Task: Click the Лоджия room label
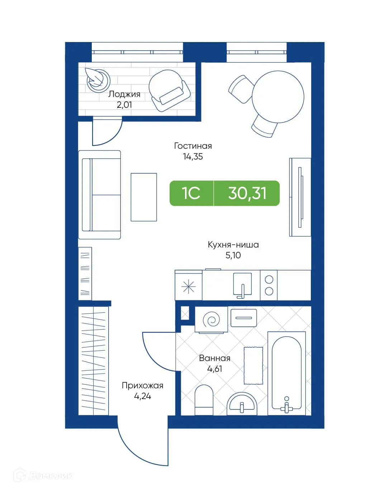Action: [x=124, y=94]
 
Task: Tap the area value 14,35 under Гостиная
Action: [x=193, y=157]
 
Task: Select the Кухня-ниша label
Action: [x=233, y=245]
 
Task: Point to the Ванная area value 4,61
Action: [x=215, y=369]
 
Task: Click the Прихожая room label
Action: [x=142, y=385]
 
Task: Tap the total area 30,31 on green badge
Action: [x=247, y=193]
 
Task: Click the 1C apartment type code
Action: [x=191, y=193]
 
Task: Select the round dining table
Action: [x=278, y=97]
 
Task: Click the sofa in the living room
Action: [x=99, y=195]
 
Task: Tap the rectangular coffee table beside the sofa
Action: [x=144, y=197]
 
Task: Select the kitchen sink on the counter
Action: [x=242, y=285]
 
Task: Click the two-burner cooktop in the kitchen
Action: [x=269, y=285]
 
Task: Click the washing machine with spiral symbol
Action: [x=211, y=320]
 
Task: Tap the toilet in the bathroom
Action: [x=204, y=400]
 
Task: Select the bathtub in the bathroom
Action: [x=286, y=374]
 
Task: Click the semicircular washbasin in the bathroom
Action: [x=242, y=404]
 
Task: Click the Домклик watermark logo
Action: [x=44, y=476]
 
